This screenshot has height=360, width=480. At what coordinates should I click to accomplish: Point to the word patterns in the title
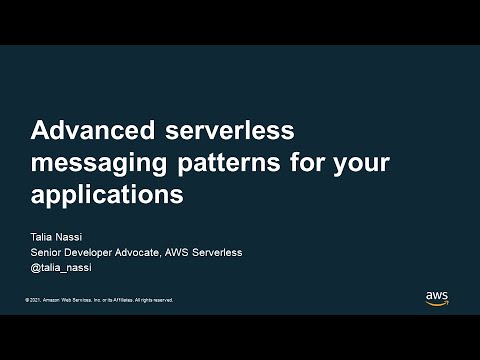(217, 162)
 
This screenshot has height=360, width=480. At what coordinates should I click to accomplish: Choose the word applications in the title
(107, 194)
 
